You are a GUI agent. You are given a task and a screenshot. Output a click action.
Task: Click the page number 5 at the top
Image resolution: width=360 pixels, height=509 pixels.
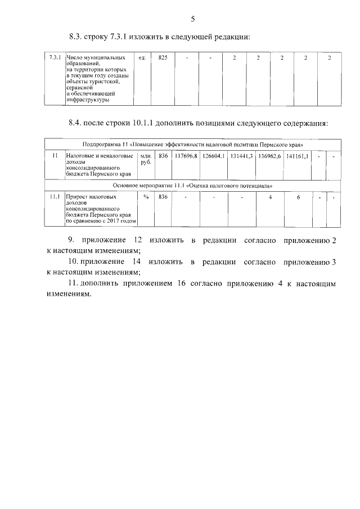[192, 19]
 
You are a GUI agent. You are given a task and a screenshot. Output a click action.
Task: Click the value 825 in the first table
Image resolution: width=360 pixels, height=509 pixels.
[163, 58]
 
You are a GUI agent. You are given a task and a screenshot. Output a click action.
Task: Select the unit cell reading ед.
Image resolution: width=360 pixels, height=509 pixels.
[142, 58]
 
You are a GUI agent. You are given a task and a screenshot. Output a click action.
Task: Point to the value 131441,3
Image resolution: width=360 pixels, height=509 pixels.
[241, 155]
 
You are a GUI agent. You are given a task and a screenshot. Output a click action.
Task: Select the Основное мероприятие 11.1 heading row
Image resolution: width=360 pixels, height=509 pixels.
[193, 185]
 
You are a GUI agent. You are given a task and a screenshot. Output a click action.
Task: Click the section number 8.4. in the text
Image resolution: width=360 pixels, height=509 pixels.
[75, 123]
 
